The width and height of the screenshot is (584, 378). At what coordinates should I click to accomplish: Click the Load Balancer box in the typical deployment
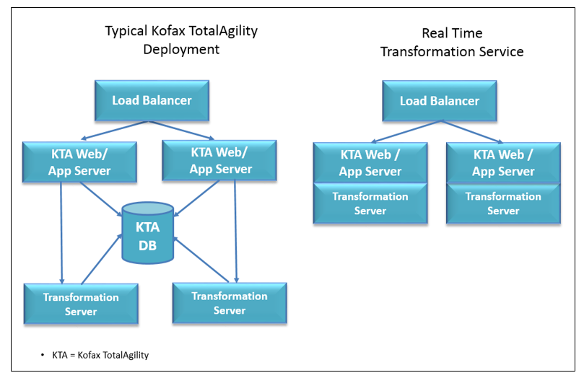pyautogui.click(x=152, y=100)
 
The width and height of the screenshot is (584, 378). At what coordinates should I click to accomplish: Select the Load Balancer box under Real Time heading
pyautogui.click(x=439, y=100)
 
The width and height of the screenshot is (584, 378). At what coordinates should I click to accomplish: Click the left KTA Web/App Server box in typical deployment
pyautogui.click(x=79, y=162)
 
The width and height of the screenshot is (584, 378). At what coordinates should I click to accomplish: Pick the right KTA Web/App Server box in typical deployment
pyautogui.click(x=219, y=160)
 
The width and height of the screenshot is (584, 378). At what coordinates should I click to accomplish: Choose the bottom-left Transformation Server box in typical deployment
pyautogui.click(x=81, y=304)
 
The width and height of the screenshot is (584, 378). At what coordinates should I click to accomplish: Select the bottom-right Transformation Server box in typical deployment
pyautogui.click(x=230, y=303)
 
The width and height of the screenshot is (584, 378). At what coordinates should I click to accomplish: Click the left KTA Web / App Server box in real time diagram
pyautogui.click(x=370, y=163)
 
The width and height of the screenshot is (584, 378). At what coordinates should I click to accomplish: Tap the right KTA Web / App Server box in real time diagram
pyautogui.click(x=503, y=163)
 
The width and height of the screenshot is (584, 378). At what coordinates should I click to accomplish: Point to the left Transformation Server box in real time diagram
pyautogui.click(x=370, y=203)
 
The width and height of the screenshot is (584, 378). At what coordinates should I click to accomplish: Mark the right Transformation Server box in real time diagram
pyautogui.click(x=503, y=203)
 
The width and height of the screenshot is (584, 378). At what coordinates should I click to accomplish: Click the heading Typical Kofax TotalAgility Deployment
pyautogui.click(x=181, y=40)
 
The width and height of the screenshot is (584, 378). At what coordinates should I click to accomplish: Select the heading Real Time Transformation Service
pyautogui.click(x=452, y=43)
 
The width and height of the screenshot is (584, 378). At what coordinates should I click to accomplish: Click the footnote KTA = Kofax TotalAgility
pyautogui.click(x=100, y=355)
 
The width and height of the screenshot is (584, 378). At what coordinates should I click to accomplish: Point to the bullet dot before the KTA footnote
pyautogui.click(x=43, y=356)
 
